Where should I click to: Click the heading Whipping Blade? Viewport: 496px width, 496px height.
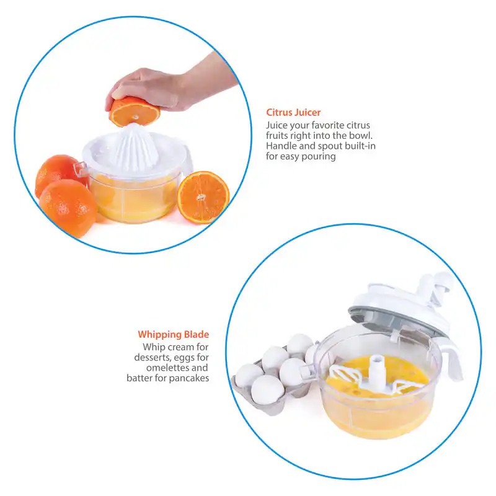(174, 335)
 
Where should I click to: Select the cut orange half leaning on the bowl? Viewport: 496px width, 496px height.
(203, 197)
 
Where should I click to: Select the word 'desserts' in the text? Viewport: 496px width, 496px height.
(153, 358)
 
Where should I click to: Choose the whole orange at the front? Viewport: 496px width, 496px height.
(68, 208)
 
